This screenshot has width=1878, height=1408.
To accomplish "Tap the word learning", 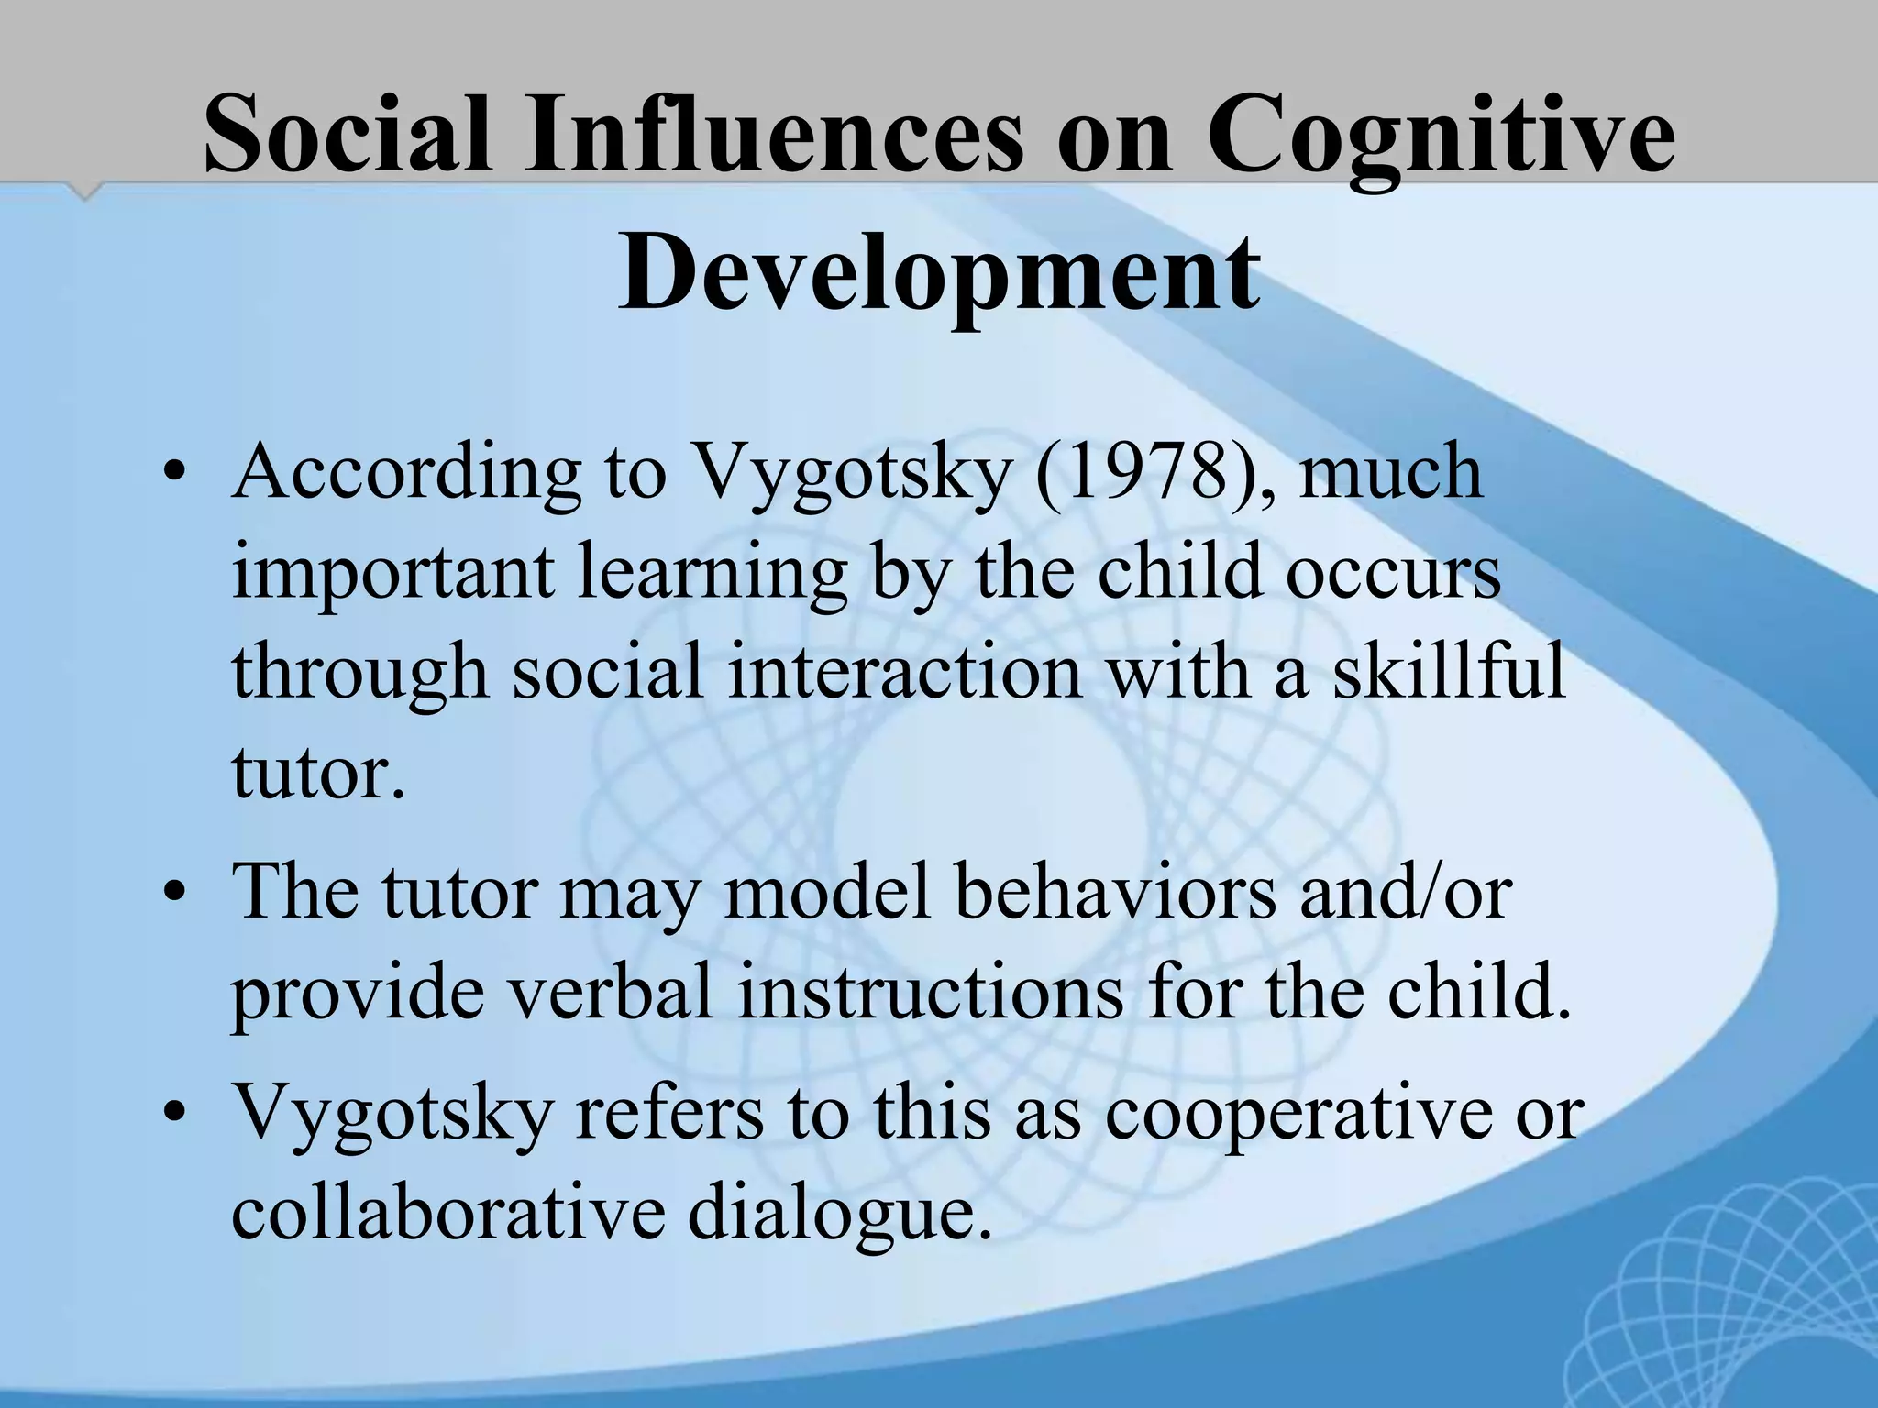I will (713, 574).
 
